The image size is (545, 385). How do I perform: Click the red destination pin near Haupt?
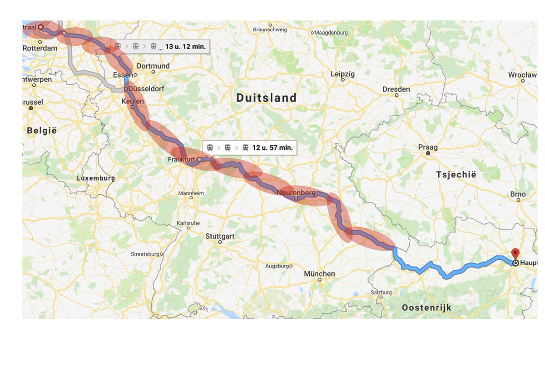coord(515,254)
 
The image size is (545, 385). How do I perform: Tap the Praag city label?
coord(428,147)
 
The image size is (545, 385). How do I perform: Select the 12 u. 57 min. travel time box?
coord(249,148)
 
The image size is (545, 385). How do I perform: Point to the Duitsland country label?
coord(266,98)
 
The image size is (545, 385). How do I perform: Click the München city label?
coord(320,274)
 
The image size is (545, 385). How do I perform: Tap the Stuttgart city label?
coord(220,236)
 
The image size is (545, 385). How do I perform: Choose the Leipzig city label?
coord(342,74)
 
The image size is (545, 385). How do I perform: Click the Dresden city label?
coord(396,89)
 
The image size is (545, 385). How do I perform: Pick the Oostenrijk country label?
coord(426,308)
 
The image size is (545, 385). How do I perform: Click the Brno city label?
coord(518,194)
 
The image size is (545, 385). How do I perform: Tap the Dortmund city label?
coord(153,66)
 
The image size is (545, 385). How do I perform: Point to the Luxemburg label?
coord(96,178)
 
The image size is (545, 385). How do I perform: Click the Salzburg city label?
coord(381,293)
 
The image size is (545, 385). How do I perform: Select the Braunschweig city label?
coord(270,30)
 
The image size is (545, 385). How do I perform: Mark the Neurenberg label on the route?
coord(296,193)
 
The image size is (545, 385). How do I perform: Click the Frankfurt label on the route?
coord(181,159)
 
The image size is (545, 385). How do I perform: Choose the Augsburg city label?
coord(277,266)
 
